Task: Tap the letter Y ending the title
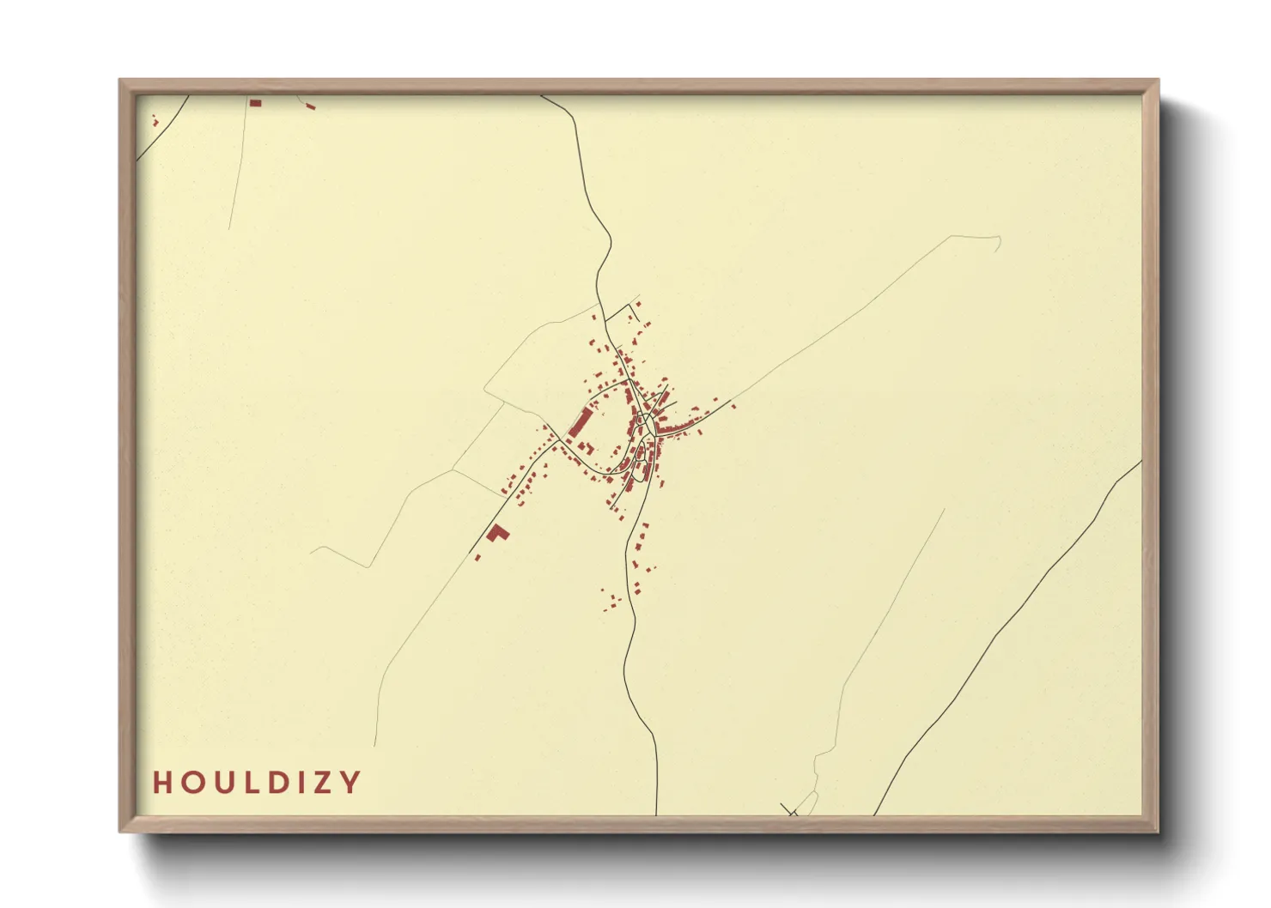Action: tap(350, 783)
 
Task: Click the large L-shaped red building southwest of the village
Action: tap(497, 533)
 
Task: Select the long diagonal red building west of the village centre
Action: tap(581, 422)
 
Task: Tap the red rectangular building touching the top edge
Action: tap(255, 103)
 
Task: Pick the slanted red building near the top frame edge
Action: tap(310, 106)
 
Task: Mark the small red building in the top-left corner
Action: tap(155, 121)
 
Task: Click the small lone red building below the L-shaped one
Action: tap(477, 557)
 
